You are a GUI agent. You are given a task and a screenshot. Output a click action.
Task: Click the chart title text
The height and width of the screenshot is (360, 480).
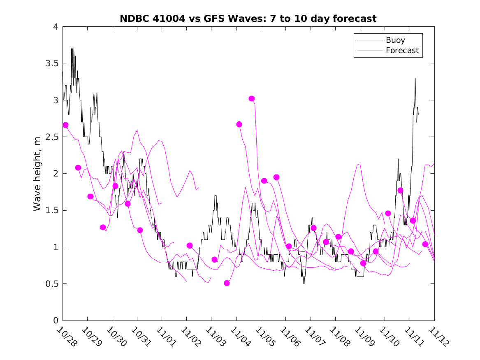point(248,19)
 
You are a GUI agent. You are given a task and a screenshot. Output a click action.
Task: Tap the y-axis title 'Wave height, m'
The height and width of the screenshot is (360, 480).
point(37,173)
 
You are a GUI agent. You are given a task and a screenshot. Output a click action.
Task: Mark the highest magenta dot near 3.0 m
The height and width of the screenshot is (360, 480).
point(252,98)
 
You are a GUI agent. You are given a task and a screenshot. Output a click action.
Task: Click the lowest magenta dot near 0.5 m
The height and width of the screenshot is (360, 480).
point(227,283)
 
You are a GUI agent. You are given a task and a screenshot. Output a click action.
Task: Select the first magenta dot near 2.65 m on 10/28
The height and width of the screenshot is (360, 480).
point(65,125)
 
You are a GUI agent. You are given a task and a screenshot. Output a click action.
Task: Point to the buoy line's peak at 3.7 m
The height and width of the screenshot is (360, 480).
point(72,49)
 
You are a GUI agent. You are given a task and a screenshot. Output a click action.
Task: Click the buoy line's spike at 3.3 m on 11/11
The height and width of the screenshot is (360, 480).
point(415,78)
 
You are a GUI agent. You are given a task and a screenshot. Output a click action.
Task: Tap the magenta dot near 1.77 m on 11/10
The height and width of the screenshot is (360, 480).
point(400,190)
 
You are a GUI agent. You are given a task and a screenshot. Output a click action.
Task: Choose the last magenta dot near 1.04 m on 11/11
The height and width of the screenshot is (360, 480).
point(425,244)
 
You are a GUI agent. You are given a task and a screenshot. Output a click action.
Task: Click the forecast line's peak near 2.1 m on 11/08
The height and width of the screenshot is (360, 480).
point(359,164)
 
